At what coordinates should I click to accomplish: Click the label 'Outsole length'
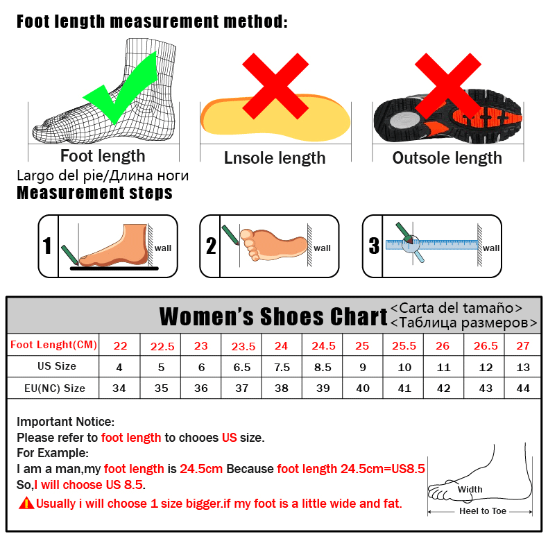click(x=447, y=158)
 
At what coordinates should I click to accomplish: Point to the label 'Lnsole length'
click(x=275, y=158)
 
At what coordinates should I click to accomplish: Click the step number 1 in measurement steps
click(x=47, y=246)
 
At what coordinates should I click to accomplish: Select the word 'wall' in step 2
click(x=322, y=248)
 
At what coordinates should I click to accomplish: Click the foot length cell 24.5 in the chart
click(x=323, y=345)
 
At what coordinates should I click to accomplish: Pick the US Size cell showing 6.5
click(x=241, y=366)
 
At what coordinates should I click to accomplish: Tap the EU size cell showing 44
click(x=523, y=388)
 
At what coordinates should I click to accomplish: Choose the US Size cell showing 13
click(x=523, y=366)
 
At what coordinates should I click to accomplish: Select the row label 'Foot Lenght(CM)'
click(x=53, y=345)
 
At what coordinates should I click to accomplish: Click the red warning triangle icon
click(x=26, y=503)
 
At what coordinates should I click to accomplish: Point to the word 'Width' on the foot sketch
click(x=470, y=489)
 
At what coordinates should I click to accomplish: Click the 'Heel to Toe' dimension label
click(x=483, y=511)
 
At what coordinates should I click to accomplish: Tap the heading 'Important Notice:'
click(x=65, y=422)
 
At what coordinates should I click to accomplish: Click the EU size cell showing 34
click(x=119, y=388)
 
